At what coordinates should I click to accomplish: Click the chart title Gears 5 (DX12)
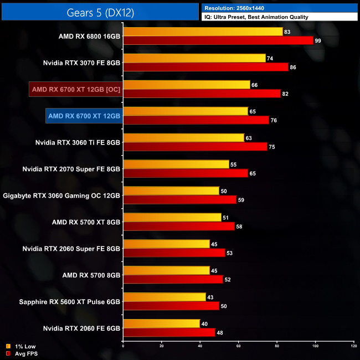pos(100,11)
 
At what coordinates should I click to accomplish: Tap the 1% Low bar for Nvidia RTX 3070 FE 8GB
pos(194,58)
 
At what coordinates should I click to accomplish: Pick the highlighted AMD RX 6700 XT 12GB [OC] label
pos(74,89)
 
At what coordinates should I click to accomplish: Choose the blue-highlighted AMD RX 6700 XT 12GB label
pos(84,116)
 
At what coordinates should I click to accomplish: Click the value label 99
pos(318,40)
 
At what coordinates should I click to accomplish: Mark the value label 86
pos(293,67)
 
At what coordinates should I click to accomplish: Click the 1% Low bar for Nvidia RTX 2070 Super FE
pos(176,164)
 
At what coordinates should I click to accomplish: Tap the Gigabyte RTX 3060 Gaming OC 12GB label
pos(61,196)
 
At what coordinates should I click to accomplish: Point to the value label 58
pos(239,227)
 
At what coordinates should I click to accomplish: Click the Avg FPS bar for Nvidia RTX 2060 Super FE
pos(174,253)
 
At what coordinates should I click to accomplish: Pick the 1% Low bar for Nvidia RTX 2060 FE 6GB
pos(162,323)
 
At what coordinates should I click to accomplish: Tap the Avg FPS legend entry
pos(23,353)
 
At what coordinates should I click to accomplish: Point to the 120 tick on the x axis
pos(353,346)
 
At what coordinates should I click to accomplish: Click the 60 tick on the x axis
pos(238,346)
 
